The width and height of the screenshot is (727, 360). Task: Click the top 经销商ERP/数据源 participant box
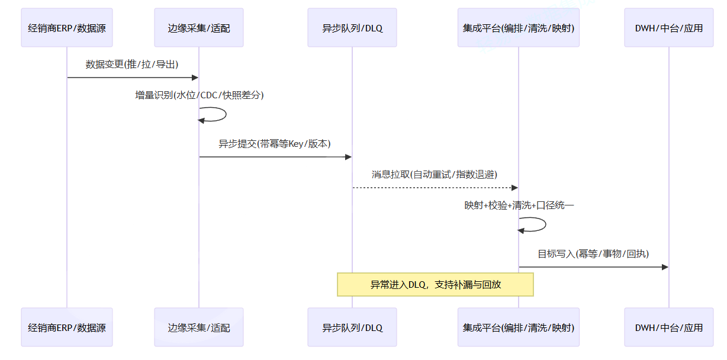67,28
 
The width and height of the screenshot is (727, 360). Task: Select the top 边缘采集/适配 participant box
199,28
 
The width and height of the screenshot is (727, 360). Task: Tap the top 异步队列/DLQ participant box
352,28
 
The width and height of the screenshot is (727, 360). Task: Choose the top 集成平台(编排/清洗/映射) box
519,28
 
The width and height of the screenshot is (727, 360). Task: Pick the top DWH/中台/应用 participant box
669,28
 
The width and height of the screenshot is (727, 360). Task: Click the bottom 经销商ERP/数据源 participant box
67,327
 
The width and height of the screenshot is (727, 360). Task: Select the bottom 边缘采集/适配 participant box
199,327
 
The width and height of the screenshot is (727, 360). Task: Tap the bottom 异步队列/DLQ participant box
352,327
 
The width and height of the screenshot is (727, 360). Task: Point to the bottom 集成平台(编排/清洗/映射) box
519,327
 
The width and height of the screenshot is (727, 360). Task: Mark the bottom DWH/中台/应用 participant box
669,327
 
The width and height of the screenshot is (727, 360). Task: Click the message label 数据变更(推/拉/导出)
132,65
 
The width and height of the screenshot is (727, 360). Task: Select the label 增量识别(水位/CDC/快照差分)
200,95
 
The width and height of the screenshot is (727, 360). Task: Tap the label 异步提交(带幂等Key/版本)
275,144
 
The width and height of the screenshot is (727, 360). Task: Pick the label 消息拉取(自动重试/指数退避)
435,175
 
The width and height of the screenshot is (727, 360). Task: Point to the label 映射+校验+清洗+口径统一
519,205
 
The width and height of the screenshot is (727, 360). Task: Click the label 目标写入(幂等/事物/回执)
593,254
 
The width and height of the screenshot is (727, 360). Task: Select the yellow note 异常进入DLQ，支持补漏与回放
436,285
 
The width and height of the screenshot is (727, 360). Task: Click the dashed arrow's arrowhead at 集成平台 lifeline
515,188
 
